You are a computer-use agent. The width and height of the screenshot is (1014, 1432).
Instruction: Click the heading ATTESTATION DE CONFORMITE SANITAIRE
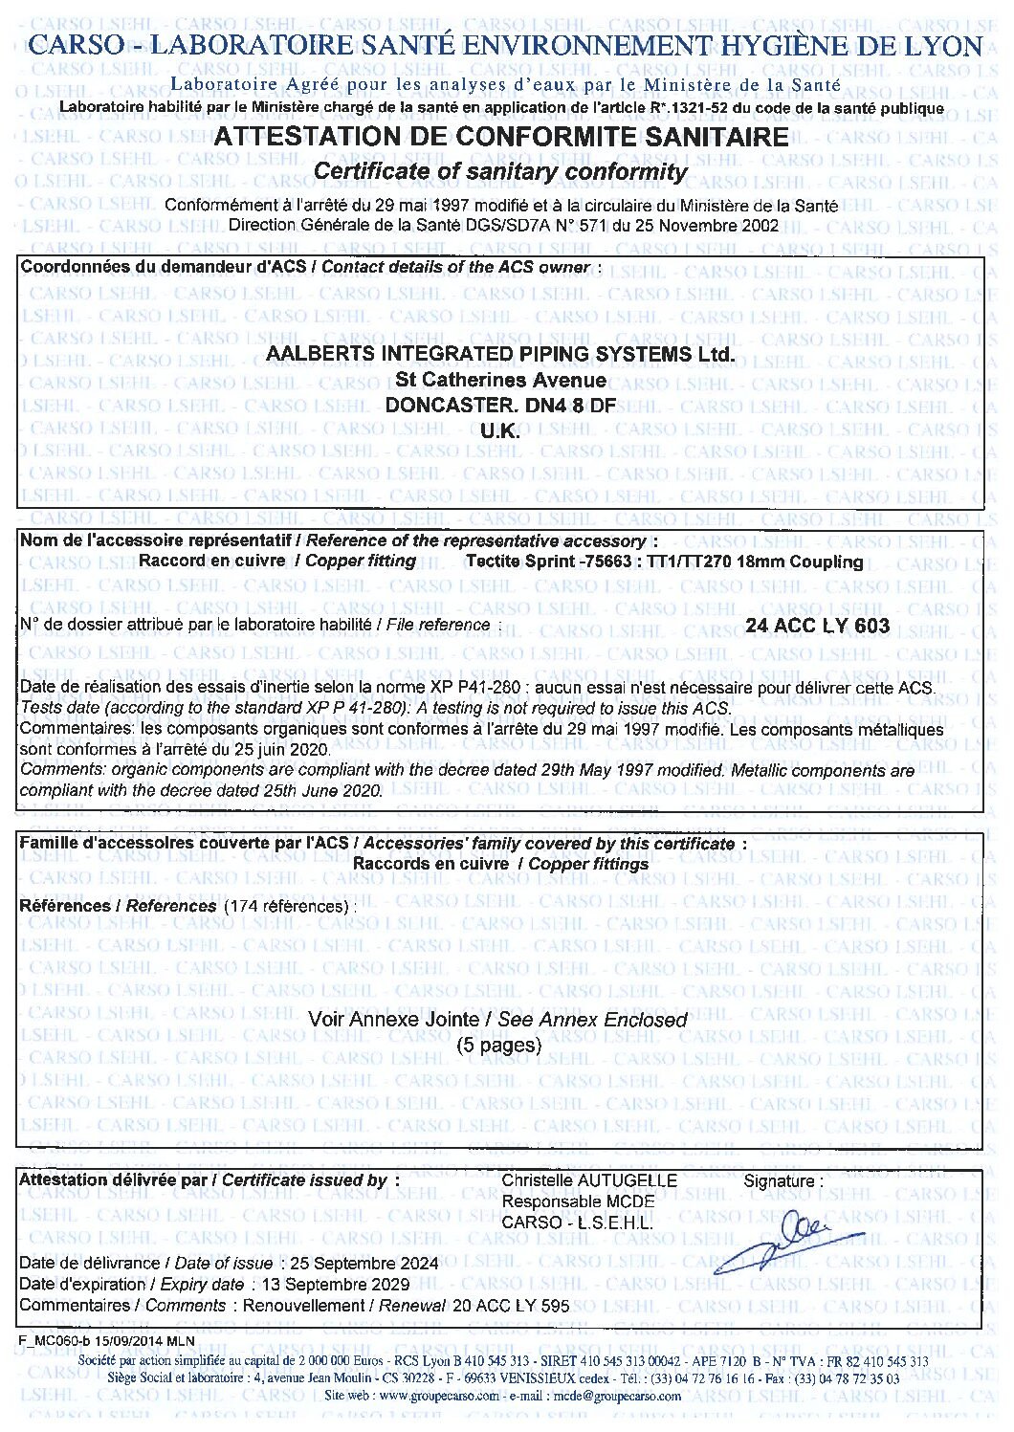click(x=501, y=137)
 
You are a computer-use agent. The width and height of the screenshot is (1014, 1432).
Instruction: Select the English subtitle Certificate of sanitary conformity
click(x=500, y=171)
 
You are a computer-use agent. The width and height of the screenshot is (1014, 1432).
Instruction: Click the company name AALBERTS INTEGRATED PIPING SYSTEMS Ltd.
click(x=500, y=354)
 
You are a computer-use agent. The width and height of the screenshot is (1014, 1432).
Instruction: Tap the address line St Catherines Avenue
click(x=500, y=380)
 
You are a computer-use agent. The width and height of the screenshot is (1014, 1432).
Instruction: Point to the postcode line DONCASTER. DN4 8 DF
click(x=500, y=406)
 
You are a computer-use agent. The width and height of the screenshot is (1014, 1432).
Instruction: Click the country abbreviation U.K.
click(x=500, y=431)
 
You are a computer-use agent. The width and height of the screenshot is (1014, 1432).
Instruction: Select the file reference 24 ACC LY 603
click(x=818, y=627)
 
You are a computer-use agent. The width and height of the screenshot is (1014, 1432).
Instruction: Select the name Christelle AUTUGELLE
click(x=589, y=1180)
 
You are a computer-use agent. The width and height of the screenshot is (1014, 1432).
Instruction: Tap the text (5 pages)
click(x=498, y=1045)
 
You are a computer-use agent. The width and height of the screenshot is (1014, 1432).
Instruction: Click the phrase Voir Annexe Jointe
click(x=398, y=1020)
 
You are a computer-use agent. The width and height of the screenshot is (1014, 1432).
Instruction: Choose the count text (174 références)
click(x=286, y=906)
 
